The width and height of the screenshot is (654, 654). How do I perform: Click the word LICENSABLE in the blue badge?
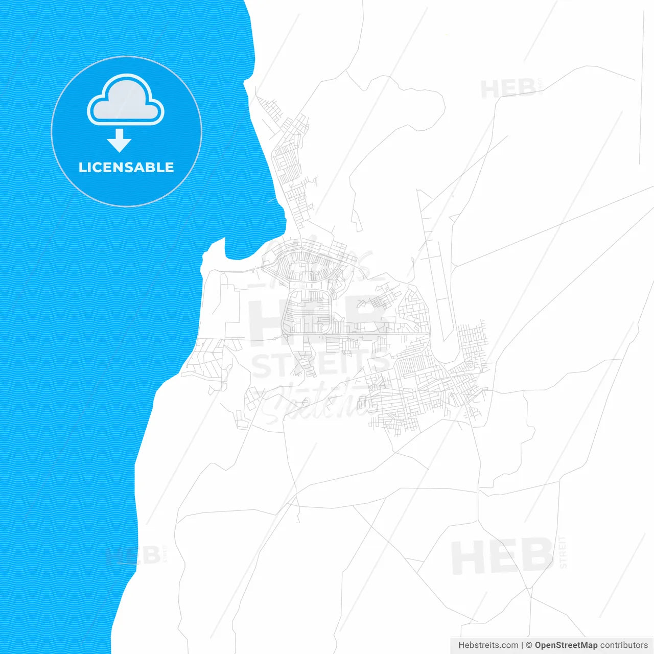tap(126, 167)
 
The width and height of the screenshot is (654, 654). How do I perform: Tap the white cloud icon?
tap(126, 101)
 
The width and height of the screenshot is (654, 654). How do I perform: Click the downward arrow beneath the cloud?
tap(120, 141)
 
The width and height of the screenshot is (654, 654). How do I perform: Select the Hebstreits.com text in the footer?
tap(488, 645)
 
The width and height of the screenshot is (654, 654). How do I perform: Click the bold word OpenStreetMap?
tap(566, 645)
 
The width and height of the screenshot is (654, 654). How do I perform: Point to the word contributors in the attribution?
tap(624, 645)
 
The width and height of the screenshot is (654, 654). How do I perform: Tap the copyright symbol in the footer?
tap(529, 645)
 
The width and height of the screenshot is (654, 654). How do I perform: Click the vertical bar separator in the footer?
tap(522, 645)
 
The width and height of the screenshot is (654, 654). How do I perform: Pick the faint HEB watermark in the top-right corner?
tap(508, 89)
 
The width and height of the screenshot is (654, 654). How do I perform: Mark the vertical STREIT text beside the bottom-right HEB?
tap(563, 552)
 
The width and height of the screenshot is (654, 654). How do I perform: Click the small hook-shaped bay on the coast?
tap(217, 250)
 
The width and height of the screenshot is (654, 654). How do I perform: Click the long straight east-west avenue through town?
tap(358, 334)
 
